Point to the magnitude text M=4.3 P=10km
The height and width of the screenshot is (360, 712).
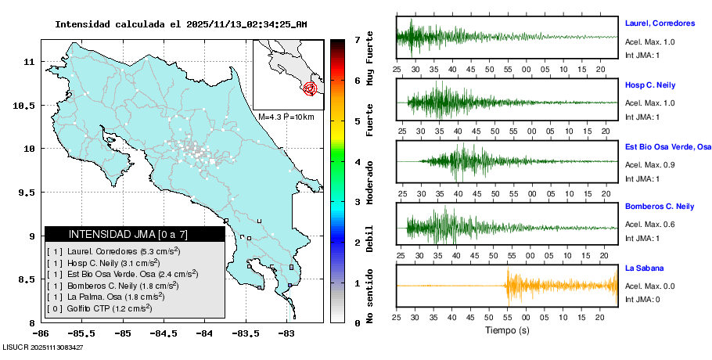click(286, 117)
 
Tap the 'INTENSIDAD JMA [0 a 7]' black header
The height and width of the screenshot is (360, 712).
click(135, 234)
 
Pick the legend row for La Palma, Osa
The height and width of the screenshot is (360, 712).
click(106, 297)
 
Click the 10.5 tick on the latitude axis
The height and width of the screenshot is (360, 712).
click(29, 105)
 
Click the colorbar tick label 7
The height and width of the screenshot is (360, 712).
click(357, 39)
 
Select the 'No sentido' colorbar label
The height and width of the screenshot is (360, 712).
click(370, 297)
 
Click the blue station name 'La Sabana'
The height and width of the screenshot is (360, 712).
click(645, 268)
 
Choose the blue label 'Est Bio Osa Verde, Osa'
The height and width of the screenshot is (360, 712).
click(667, 146)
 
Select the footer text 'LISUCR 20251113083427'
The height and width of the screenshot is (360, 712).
click(43, 346)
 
